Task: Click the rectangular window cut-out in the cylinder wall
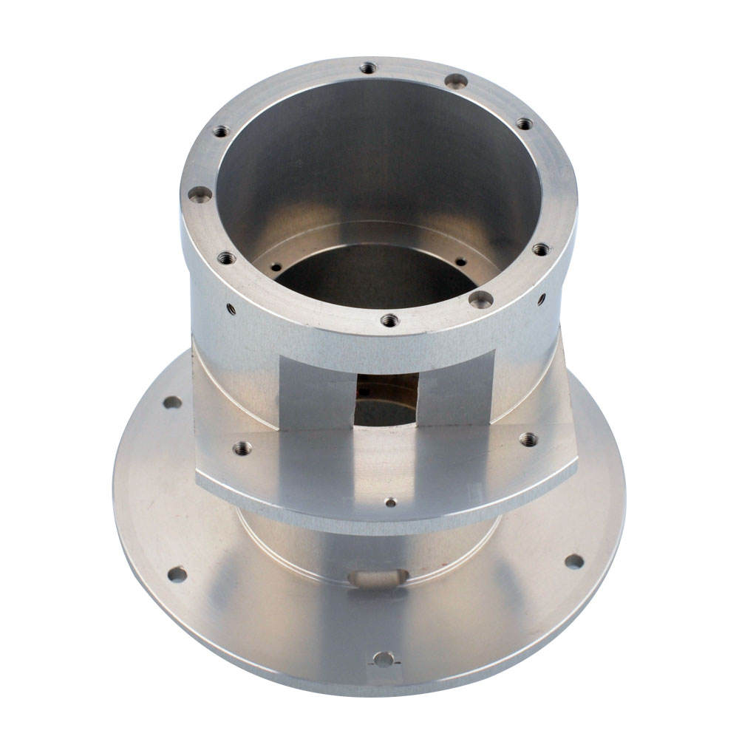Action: [386, 399]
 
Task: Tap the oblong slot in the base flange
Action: [378, 578]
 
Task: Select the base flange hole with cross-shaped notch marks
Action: [383, 658]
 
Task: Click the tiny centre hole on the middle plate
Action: [391, 503]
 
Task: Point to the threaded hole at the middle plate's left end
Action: [242, 448]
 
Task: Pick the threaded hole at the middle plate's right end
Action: [528, 439]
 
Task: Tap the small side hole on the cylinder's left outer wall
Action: [231, 309]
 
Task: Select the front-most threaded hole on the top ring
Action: [389, 320]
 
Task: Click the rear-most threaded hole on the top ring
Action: [368, 68]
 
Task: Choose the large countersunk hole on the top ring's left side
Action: [200, 194]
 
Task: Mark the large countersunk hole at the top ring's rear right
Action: [456, 81]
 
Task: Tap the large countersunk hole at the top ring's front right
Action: [481, 299]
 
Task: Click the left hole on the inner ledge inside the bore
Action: [276, 268]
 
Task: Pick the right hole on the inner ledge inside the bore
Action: [460, 262]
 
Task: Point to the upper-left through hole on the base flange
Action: [172, 403]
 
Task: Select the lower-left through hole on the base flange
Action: [177, 574]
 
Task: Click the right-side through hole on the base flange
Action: [574, 561]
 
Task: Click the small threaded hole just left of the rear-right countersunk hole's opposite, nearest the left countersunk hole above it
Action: [221, 132]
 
